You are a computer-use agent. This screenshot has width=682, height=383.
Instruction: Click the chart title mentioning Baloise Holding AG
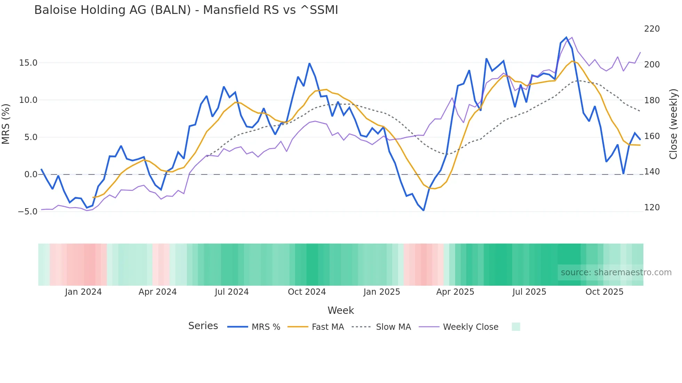click(186, 10)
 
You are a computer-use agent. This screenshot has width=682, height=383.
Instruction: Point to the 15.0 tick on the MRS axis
click(28, 63)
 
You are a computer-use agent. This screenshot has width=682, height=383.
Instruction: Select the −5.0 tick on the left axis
click(27, 212)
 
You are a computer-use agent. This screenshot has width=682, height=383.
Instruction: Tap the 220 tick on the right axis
click(652, 29)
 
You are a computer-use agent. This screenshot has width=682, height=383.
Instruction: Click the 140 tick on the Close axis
click(652, 172)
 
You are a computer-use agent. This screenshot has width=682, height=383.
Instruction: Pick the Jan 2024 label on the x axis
click(83, 292)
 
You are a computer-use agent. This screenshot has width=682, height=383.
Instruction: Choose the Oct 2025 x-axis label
click(604, 292)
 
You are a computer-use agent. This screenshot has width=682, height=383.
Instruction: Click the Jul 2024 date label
click(232, 292)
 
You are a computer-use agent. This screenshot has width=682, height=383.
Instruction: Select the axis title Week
click(341, 310)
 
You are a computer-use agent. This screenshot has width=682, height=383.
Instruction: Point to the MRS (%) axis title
click(6, 124)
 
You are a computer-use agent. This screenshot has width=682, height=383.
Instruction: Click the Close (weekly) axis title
click(674, 124)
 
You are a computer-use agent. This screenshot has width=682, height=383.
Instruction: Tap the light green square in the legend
click(516, 327)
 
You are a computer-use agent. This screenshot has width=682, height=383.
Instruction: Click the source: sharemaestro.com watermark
click(616, 272)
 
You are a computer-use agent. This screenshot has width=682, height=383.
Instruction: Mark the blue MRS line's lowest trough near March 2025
click(423, 210)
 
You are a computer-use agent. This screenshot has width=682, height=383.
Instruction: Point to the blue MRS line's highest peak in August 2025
click(566, 38)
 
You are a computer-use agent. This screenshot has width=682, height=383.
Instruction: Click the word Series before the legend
click(203, 326)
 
